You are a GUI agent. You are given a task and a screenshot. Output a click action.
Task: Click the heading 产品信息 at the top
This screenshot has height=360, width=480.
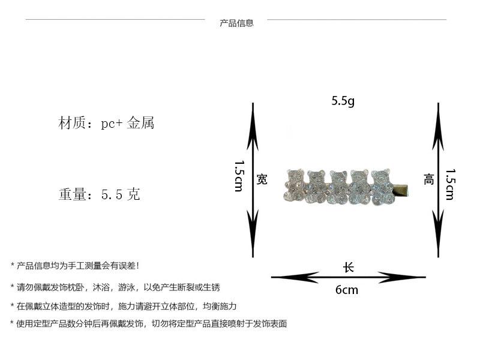(236, 23)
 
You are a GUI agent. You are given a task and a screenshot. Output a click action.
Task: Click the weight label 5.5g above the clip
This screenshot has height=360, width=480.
(343, 101)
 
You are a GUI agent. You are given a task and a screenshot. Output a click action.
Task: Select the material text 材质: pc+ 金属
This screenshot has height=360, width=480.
(106, 123)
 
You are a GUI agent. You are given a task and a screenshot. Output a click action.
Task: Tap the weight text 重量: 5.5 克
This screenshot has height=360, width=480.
(100, 194)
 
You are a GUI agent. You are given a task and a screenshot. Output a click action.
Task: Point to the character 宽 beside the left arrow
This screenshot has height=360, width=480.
(262, 179)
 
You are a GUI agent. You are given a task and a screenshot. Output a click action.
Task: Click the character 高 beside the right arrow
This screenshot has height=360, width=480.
(428, 179)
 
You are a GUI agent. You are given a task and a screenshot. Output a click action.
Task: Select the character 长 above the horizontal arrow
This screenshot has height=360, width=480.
(349, 267)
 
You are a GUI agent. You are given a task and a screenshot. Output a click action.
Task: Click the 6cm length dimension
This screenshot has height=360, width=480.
(347, 290)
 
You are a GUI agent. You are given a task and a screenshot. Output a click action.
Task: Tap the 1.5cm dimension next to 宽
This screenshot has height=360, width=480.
(239, 176)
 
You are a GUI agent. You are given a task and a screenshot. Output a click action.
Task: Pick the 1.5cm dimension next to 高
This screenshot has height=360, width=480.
(450, 185)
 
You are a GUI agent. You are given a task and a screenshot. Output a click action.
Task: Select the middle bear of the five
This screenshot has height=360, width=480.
(338, 187)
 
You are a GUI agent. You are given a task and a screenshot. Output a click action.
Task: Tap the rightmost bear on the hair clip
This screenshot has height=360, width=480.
(382, 187)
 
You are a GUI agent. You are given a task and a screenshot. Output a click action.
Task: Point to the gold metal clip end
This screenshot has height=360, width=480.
(400, 190)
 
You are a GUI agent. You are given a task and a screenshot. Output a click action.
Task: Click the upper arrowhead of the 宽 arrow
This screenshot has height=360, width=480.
(253, 127)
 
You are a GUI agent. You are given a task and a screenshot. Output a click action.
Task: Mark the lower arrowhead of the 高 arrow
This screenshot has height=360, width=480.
(439, 233)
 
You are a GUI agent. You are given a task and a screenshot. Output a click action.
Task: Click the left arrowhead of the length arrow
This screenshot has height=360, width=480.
(295, 277)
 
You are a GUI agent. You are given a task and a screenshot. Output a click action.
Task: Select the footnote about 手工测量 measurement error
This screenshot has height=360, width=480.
(74, 266)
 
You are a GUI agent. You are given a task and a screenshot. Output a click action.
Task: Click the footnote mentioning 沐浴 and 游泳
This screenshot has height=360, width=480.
(115, 287)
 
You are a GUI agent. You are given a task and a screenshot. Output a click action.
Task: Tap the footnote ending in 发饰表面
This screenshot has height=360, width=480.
(148, 323)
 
